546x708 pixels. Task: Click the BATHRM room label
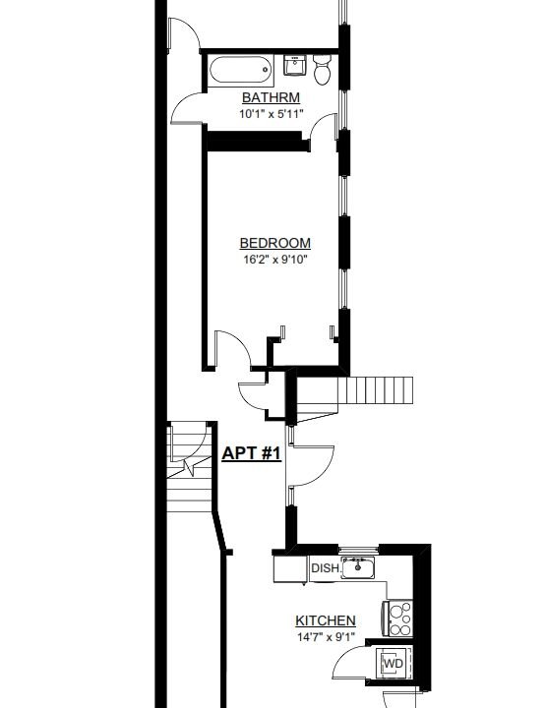click(271, 98)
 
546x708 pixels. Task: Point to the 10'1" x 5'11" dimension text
click(271, 114)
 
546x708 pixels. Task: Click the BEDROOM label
click(275, 244)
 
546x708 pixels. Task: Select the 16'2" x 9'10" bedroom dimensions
click(275, 261)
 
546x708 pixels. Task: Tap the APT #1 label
click(252, 453)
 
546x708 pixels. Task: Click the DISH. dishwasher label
click(326, 568)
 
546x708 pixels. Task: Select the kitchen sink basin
click(359, 567)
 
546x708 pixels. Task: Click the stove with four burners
click(400, 619)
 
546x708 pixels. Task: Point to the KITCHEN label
click(326, 621)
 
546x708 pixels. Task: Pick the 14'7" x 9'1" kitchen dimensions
click(326, 637)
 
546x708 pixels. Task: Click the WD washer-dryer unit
click(393, 665)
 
